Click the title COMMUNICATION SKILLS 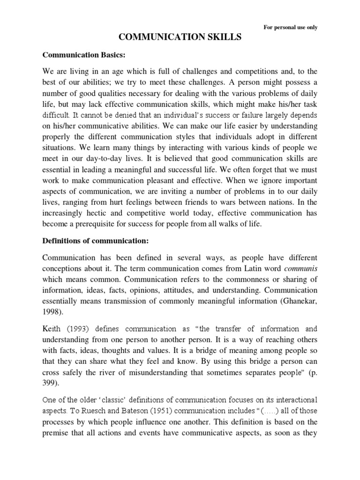click(180, 37)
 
